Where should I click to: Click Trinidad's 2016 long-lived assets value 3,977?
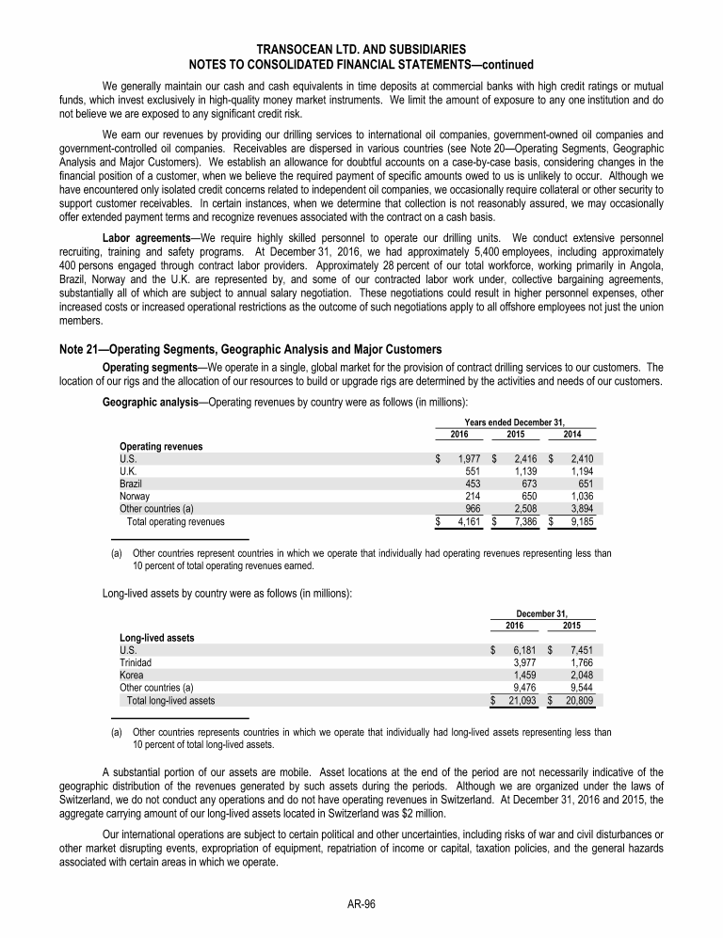click(524, 662)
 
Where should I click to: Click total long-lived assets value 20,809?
click(579, 700)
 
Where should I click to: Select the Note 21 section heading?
click(250, 350)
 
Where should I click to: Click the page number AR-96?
click(361, 903)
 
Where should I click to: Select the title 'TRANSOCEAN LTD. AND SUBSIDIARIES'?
click(361, 49)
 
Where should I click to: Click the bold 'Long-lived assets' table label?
click(157, 637)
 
